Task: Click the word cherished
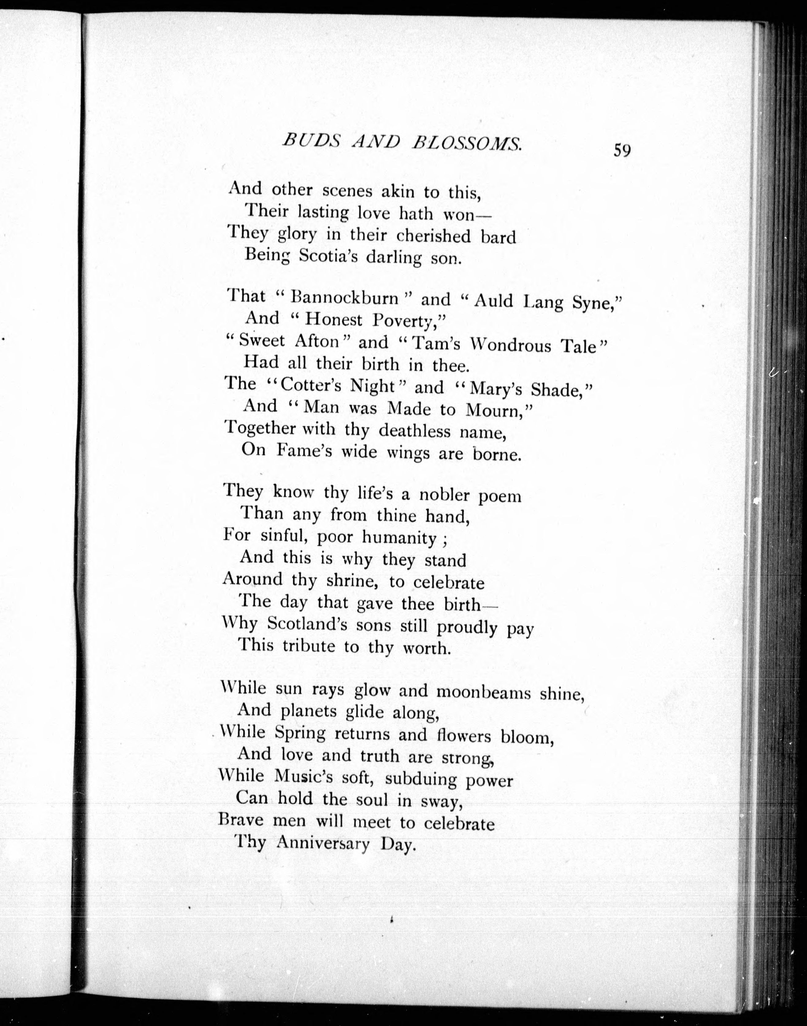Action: click(x=433, y=235)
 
